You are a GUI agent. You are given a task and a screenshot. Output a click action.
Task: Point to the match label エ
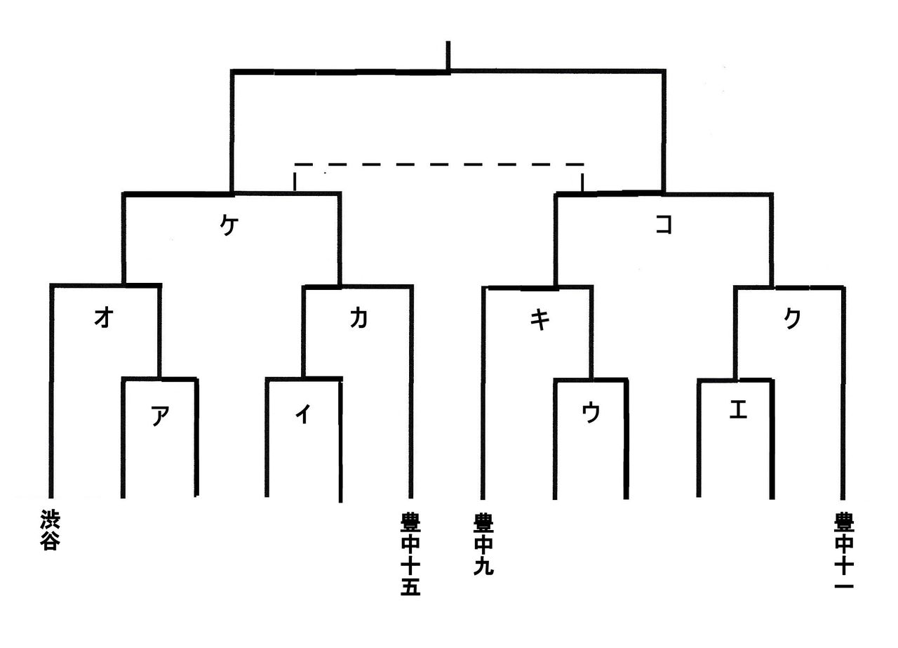point(738,411)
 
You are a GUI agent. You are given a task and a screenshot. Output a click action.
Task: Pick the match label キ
point(540,319)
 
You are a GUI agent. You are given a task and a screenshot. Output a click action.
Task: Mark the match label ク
point(792,318)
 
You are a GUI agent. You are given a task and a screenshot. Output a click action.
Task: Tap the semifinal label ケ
point(227,226)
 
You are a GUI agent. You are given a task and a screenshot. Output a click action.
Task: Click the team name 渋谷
point(48,530)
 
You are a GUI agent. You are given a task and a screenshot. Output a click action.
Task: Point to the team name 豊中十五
point(410,555)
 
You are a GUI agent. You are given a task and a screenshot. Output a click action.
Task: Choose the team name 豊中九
point(483,544)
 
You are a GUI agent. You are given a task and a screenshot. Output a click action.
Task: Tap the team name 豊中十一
point(844,551)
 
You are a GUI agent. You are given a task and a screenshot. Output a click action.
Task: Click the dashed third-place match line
point(438,165)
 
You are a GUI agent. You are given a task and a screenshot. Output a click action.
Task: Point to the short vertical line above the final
point(448,55)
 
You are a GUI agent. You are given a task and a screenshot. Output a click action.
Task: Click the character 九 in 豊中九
point(483,566)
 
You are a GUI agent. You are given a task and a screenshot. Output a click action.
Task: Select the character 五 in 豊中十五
point(410,587)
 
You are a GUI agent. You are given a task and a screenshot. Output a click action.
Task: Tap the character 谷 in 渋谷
point(48,541)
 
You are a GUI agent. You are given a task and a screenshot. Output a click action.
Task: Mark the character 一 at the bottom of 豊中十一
point(844,585)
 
